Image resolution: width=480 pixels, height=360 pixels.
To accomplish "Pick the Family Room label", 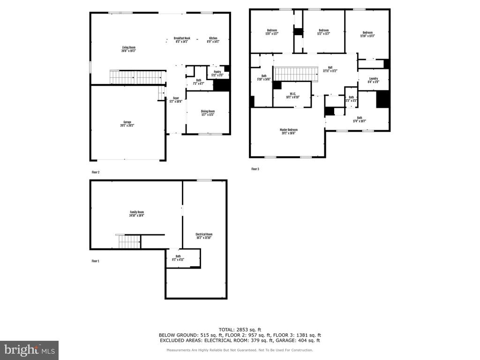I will pos(137,214).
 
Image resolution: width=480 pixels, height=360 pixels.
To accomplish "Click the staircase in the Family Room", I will pos(129,242).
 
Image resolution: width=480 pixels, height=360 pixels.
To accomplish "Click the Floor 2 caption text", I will pos(96,172).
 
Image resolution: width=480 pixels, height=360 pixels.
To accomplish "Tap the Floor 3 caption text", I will pos(255,169).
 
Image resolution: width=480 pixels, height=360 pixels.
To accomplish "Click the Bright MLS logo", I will pos(29,350).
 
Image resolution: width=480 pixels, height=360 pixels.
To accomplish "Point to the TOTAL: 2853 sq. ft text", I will pos(240,329).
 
